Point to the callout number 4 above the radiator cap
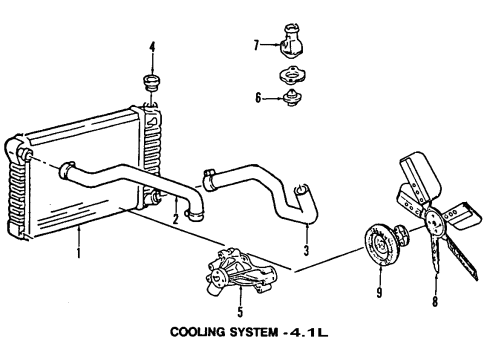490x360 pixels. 152,46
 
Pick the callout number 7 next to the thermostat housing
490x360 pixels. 257,45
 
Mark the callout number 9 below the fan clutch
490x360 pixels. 379,293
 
